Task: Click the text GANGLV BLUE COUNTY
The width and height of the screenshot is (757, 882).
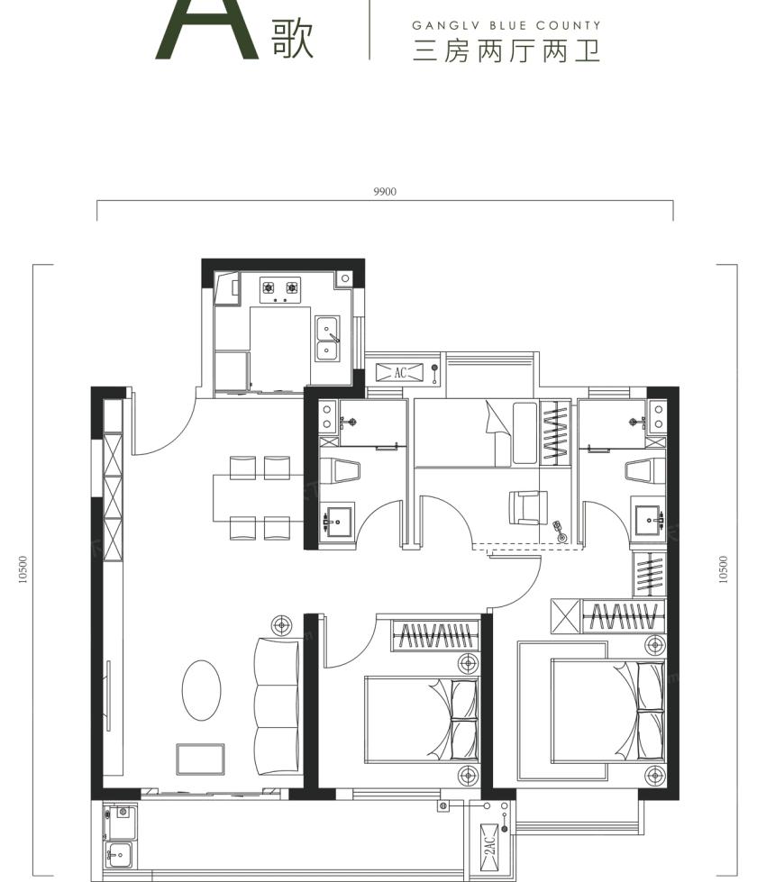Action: click(x=506, y=25)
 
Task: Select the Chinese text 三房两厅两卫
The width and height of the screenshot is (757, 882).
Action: click(x=506, y=51)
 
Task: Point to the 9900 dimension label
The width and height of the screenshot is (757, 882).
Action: click(x=385, y=192)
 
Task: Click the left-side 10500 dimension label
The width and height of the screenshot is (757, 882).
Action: click(x=23, y=569)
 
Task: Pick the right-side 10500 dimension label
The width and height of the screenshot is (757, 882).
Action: click(x=724, y=569)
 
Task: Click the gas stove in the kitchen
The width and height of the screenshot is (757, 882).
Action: click(x=279, y=290)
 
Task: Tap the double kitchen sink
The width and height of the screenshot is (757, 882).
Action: click(x=327, y=338)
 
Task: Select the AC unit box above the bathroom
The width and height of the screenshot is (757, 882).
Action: click(x=399, y=372)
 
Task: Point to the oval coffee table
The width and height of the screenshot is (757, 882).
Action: click(x=201, y=689)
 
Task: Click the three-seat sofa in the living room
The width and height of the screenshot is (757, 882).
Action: click(x=277, y=706)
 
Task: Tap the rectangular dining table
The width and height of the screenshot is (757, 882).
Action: click(x=259, y=498)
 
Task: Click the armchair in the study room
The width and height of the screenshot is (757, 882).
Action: click(x=527, y=508)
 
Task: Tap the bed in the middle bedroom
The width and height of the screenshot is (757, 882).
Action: click(x=422, y=720)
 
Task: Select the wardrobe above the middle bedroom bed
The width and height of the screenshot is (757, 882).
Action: click(x=435, y=636)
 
